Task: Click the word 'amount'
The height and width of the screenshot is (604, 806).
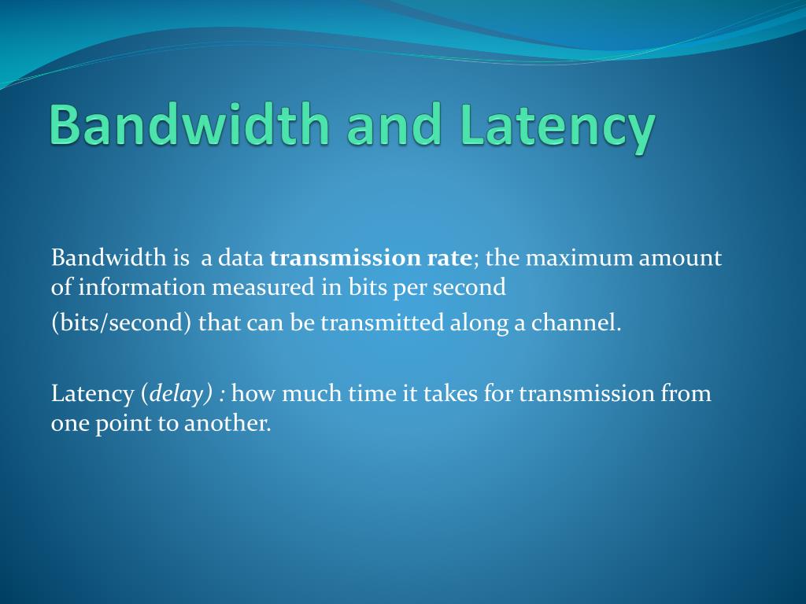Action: [680, 259]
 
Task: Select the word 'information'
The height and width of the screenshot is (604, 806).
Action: [142, 288]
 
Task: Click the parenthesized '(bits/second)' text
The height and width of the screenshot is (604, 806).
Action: [121, 323]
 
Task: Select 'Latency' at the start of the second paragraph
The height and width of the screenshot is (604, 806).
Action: [93, 393]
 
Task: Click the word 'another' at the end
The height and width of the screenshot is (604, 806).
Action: [227, 423]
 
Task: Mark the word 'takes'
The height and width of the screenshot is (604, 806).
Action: [451, 393]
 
